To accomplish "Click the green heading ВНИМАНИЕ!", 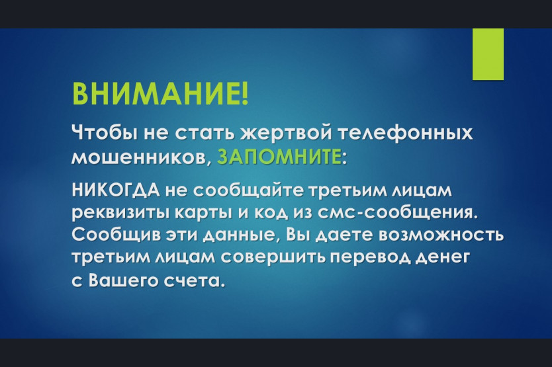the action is pyautogui.click(x=160, y=94).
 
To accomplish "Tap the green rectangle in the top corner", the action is pyautogui.click(x=488, y=54).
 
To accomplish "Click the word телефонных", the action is pyautogui.click(x=405, y=134).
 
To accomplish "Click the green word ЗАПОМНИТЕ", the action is pyautogui.click(x=279, y=157).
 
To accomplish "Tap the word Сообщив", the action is pyautogui.click(x=115, y=235).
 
